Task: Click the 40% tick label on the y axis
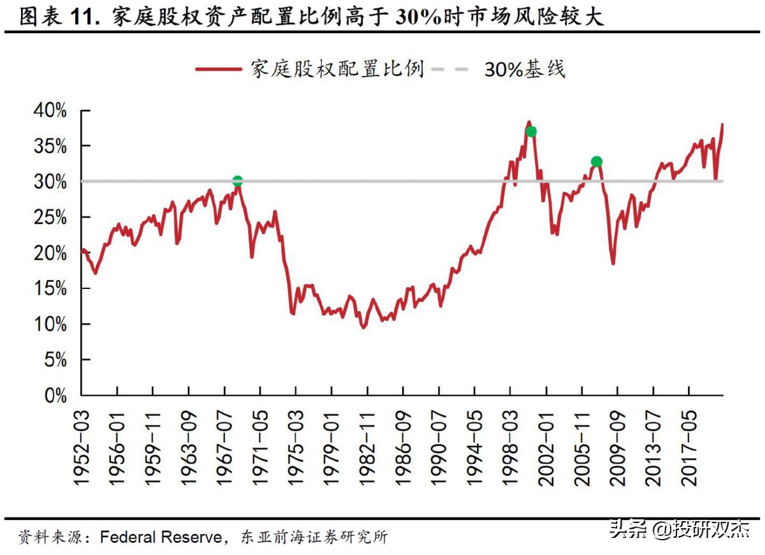pos(48,111)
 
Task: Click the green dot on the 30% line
pos(237,181)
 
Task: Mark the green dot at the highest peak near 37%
pos(531,131)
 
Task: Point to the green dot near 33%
pos(597,161)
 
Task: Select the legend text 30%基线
pos(524,69)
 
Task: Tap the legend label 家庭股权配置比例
pos(337,69)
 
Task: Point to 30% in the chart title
pos(418,17)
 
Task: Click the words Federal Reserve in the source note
pos(160,537)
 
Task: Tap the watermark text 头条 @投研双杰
pos(679,529)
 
